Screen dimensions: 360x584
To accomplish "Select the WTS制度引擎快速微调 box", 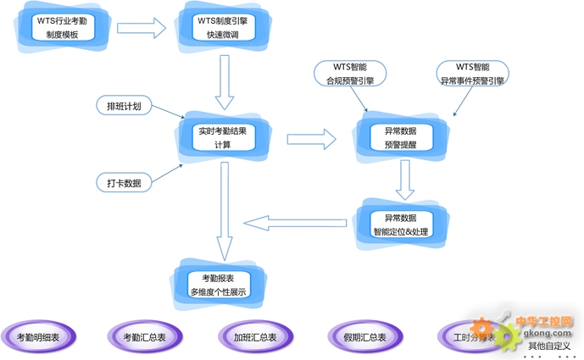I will [x=223, y=27].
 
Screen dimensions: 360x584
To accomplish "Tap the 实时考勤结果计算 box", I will [x=223, y=138].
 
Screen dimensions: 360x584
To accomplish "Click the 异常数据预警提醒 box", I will [x=400, y=138].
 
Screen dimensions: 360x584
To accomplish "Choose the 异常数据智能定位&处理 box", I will [x=400, y=224].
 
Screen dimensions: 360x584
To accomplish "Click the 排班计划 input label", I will [x=124, y=106].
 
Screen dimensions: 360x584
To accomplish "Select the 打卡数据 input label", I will [x=124, y=183].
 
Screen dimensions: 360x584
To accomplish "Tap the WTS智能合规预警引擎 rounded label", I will [x=351, y=74].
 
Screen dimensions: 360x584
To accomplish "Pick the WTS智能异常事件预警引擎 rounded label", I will [x=472, y=74].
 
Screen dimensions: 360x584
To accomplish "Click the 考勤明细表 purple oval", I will [x=39, y=336].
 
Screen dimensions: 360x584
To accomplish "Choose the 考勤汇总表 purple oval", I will [x=145, y=336].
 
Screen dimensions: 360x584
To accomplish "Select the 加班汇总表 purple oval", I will [x=255, y=336].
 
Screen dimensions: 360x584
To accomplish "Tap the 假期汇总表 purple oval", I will [x=365, y=336].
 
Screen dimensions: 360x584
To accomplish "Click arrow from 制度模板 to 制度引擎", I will [x=141, y=28].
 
